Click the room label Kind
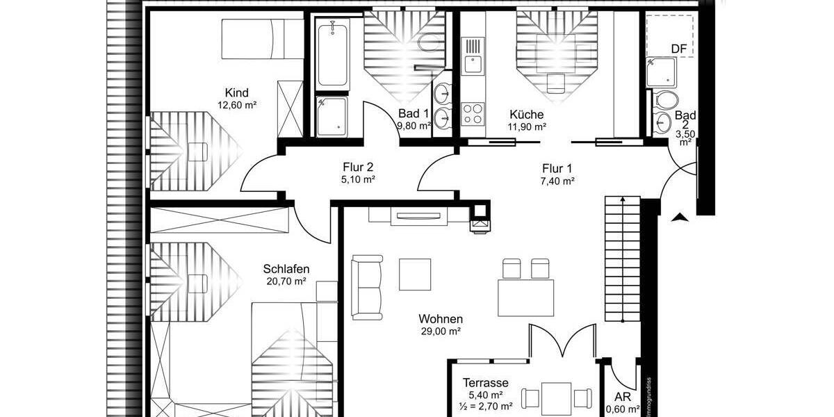pos(236,93)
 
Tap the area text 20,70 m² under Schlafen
pos(286,281)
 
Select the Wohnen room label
pos(441,319)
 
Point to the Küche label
pos(526,115)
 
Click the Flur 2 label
pos(358,167)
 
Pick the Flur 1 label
pos(558,168)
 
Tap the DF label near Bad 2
pos(678,49)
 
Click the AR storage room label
pos(623,397)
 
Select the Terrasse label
pos(486,383)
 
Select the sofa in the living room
pos(367,286)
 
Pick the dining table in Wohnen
pos(526,297)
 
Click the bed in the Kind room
pos(263,39)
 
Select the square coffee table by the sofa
pos(415,274)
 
